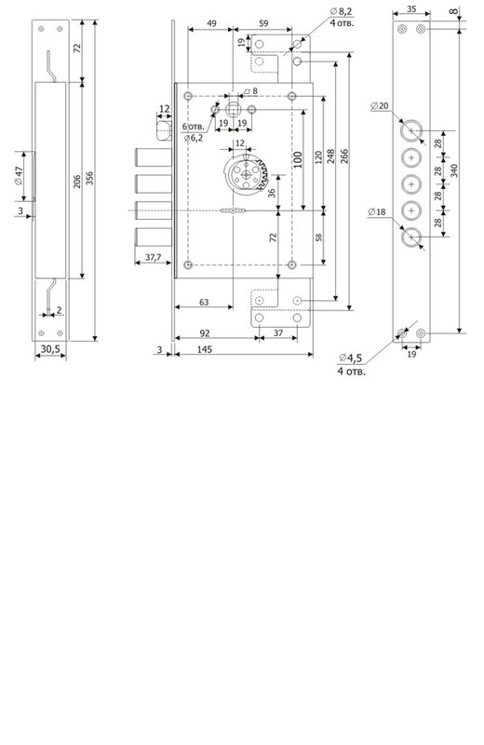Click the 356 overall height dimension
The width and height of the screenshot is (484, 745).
89,178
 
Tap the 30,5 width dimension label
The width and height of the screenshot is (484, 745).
50,348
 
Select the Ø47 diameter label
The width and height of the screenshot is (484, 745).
19,176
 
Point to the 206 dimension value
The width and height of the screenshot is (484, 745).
77,181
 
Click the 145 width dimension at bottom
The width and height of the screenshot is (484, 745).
204,350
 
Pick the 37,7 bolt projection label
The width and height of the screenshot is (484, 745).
154,258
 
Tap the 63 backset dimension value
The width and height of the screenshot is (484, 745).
204,302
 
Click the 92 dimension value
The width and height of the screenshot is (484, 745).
205,333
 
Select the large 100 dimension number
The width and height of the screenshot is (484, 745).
297,160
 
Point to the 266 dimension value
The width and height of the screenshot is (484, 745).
344,156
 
